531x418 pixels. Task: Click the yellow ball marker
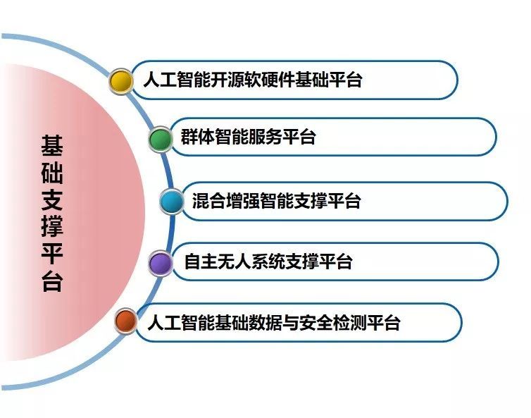[121, 81]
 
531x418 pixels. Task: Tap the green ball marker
[161, 140]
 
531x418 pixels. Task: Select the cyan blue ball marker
[172, 202]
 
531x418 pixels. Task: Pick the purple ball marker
[161, 264]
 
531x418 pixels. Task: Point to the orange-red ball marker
[126, 321]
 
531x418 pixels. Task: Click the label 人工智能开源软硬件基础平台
[253, 80]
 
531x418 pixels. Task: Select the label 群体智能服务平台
[248, 137]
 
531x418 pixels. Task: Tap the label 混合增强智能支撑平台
[276, 201]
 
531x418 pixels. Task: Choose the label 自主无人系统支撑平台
[268, 262]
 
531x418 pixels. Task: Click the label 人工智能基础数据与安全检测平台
[274, 322]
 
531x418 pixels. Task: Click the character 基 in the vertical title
[52, 146]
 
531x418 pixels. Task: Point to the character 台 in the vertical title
[52, 281]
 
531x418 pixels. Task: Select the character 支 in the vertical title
[52, 200]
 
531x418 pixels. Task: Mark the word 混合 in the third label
[209, 201]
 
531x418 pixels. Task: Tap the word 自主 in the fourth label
[201, 262]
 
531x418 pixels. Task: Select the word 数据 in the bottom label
[265, 322]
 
